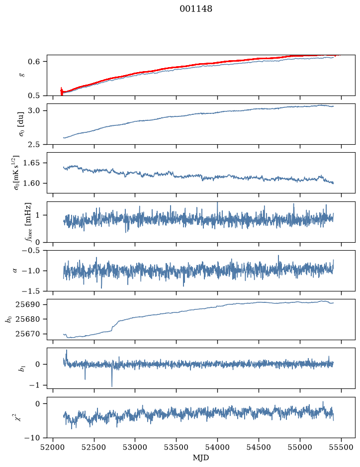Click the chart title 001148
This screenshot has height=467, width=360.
click(x=196, y=9)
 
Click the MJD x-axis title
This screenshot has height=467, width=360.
click(x=201, y=458)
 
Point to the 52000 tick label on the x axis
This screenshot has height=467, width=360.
click(x=53, y=447)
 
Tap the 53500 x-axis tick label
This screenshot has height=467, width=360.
click(x=176, y=447)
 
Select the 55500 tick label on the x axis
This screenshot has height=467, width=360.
click(x=341, y=447)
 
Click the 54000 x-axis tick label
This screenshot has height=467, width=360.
click(x=217, y=447)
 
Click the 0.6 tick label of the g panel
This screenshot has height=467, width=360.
click(x=34, y=62)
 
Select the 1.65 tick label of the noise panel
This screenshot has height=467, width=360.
click(x=31, y=163)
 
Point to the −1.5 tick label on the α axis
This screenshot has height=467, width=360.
click(x=31, y=291)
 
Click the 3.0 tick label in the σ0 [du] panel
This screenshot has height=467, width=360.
click(x=34, y=110)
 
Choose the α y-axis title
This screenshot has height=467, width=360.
click(x=15, y=271)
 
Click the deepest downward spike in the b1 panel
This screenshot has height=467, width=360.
click(x=112, y=386)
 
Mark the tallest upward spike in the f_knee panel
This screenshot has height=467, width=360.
click(x=217, y=203)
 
